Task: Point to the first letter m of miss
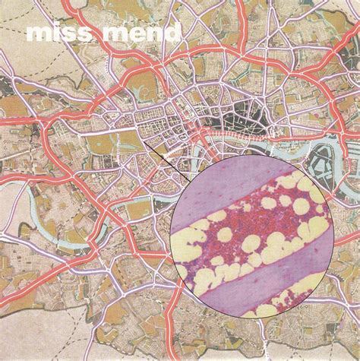pyautogui.click(x=36, y=35)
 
